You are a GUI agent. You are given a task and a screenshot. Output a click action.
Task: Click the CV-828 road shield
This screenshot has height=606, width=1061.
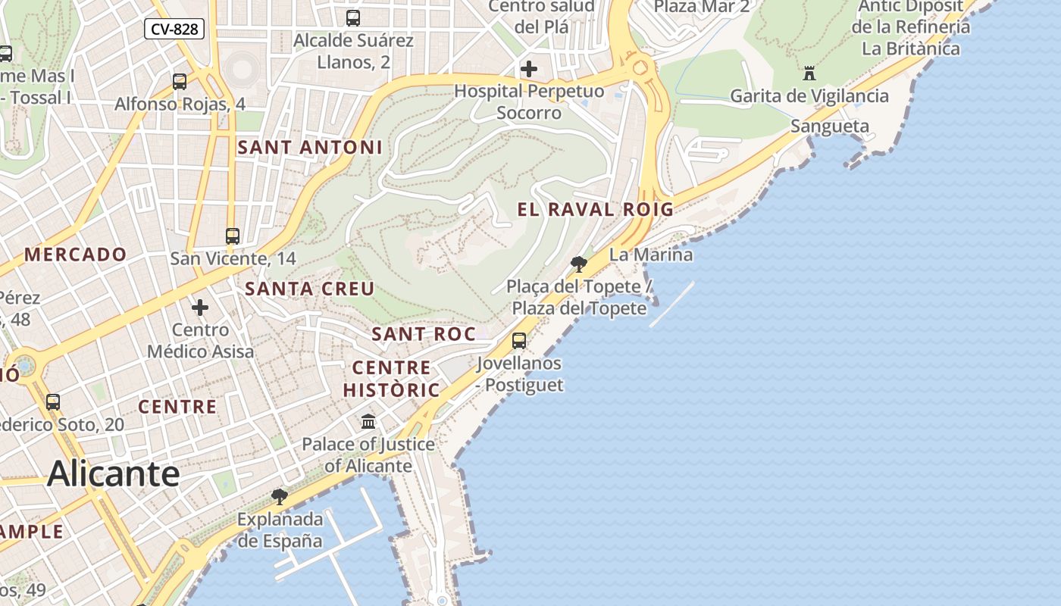pyautogui.click(x=174, y=30)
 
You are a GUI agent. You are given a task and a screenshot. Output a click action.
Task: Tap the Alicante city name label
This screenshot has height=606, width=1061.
pyautogui.click(x=114, y=474)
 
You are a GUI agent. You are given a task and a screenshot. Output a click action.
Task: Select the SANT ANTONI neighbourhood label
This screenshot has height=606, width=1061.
pyautogui.click(x=310, y=148)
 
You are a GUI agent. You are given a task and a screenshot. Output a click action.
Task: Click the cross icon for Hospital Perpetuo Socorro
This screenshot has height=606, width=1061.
pyautogui.click(x=529, y=70)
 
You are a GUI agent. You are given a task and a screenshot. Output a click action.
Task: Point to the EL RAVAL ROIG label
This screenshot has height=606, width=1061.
pyautogui.click(x=595, y=210)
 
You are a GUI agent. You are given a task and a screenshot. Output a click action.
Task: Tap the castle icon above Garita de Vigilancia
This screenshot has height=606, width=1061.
pyautogui.click(x=809, y=73)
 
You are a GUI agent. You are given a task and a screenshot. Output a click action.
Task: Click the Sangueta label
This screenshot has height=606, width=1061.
pyautogui.click(x=830, y=127)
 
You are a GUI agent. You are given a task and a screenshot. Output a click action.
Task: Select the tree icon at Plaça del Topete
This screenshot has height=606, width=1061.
pyautogui.click(x=579, y=264)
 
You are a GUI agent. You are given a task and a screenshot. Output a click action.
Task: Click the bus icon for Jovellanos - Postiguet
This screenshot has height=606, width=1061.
pyautogui.click(x=519, y=341)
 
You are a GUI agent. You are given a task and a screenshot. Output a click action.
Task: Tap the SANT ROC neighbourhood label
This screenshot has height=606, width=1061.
pyautogui.click(x=424, y=334)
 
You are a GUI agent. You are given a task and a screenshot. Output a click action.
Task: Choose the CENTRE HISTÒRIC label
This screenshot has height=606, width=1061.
pyautogui.click(x=391, y=379)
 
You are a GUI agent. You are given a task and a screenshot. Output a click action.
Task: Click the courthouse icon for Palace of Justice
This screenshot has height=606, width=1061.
pyautogui.click(x=368, y=421)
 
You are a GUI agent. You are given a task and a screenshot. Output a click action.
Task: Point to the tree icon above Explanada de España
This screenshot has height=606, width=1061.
pyautogui.click(x=280, y=497)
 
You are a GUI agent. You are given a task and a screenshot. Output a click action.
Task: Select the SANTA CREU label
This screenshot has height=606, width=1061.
pyautogui.click(x=310, y=289)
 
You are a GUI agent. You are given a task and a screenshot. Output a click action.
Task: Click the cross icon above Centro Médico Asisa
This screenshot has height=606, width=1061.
pyautogui.click(x=200, y=308)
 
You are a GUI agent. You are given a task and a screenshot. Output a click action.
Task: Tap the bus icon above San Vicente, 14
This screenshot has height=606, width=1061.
pyautogui.click(x=233, y=236)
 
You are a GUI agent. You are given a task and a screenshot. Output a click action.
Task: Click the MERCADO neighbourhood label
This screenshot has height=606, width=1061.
pyautogui.click(x=75, y=255)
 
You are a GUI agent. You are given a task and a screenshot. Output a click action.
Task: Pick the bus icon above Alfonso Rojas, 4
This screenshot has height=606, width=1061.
pyautogui.click(x=180, y=81)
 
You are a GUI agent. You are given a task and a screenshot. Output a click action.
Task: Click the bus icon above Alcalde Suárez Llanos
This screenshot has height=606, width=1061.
pyautogui.click(x=353, y=17)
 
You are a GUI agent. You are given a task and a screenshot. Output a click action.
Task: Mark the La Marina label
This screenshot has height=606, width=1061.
pyautogui.click(x=651, y=255)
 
